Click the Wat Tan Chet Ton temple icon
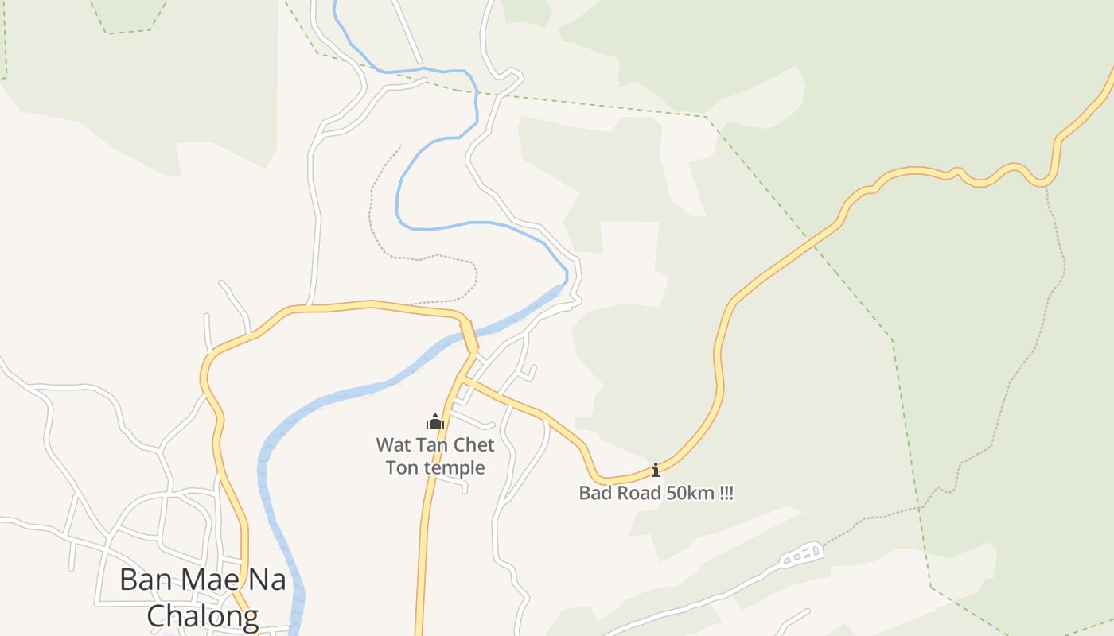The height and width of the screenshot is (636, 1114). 434,421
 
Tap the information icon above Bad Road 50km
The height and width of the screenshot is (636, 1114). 656,470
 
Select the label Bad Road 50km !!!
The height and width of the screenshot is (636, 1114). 656,493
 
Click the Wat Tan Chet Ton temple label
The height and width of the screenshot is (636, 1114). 435,456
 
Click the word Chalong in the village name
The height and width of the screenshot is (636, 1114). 203,615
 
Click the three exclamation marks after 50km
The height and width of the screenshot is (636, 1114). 726,493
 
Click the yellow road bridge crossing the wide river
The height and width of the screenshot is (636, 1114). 470,336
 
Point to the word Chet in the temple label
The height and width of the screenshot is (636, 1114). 473,444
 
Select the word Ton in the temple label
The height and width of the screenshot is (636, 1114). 403,467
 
